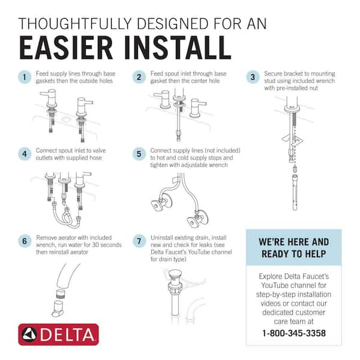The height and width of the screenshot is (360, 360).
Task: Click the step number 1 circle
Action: point(24,77)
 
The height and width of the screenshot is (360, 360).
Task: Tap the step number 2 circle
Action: point(139,77)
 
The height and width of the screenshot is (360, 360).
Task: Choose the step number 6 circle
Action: point(24,241)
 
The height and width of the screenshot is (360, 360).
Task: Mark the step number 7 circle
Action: point(139,241)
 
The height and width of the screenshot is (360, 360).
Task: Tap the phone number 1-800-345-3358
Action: point(293,332)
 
